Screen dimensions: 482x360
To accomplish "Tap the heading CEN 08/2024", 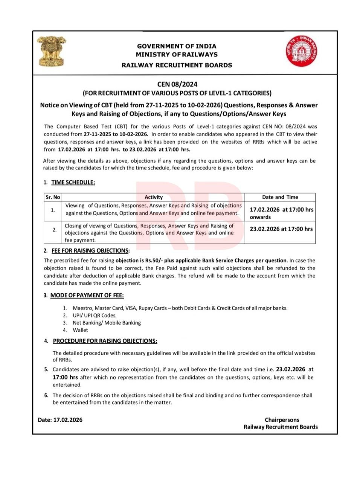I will (177, 84).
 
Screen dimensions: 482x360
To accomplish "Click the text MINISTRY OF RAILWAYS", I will (177, 55).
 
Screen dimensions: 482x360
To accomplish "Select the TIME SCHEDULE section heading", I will (73, 183).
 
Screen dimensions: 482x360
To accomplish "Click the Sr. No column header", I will (53, 197).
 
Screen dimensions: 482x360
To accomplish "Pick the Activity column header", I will (153, 197).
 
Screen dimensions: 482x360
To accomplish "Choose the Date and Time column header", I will (280, 197).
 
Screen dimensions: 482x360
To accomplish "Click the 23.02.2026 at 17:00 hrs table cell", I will (281, 229).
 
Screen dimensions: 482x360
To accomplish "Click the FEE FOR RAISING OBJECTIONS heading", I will (90, 251).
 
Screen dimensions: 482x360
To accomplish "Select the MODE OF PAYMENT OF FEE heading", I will (87, 295).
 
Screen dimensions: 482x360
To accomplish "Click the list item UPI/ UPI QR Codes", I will (95, 316).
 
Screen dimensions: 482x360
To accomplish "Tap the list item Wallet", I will (80, 330).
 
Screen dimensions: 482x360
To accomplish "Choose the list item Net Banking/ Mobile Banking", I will (107, 323).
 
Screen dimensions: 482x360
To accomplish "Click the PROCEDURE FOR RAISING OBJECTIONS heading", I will (105, 341).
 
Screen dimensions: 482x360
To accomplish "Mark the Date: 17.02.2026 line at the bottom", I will (60, 420).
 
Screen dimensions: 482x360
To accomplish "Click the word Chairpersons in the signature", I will (282, 420).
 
